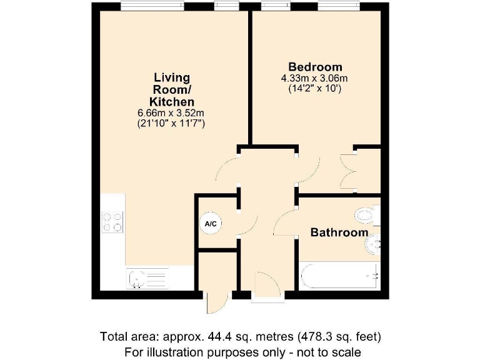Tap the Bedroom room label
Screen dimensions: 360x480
315,67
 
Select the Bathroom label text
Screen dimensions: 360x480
339,232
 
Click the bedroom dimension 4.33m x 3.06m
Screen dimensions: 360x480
314,78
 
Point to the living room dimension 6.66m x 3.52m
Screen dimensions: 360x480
171,112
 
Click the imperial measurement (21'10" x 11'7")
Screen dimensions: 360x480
171,124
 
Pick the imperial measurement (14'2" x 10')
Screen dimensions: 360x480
314,89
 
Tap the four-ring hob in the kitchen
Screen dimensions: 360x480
112,222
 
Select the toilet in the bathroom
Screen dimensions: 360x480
366,216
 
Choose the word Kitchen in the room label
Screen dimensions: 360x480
171,101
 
